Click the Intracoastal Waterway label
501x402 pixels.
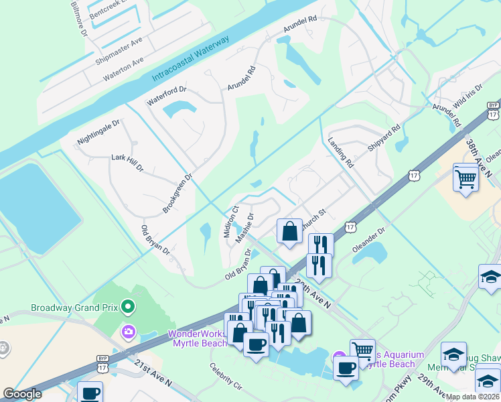point(191,59)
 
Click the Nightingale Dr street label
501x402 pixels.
point(98,133)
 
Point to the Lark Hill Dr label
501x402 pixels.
point(127,162)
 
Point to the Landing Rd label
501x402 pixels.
point(341,153)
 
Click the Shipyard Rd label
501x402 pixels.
point(386,137)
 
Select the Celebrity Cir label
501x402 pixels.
point(225,377)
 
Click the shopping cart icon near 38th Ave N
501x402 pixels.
point(466,179)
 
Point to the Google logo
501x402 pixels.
point(22,394)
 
